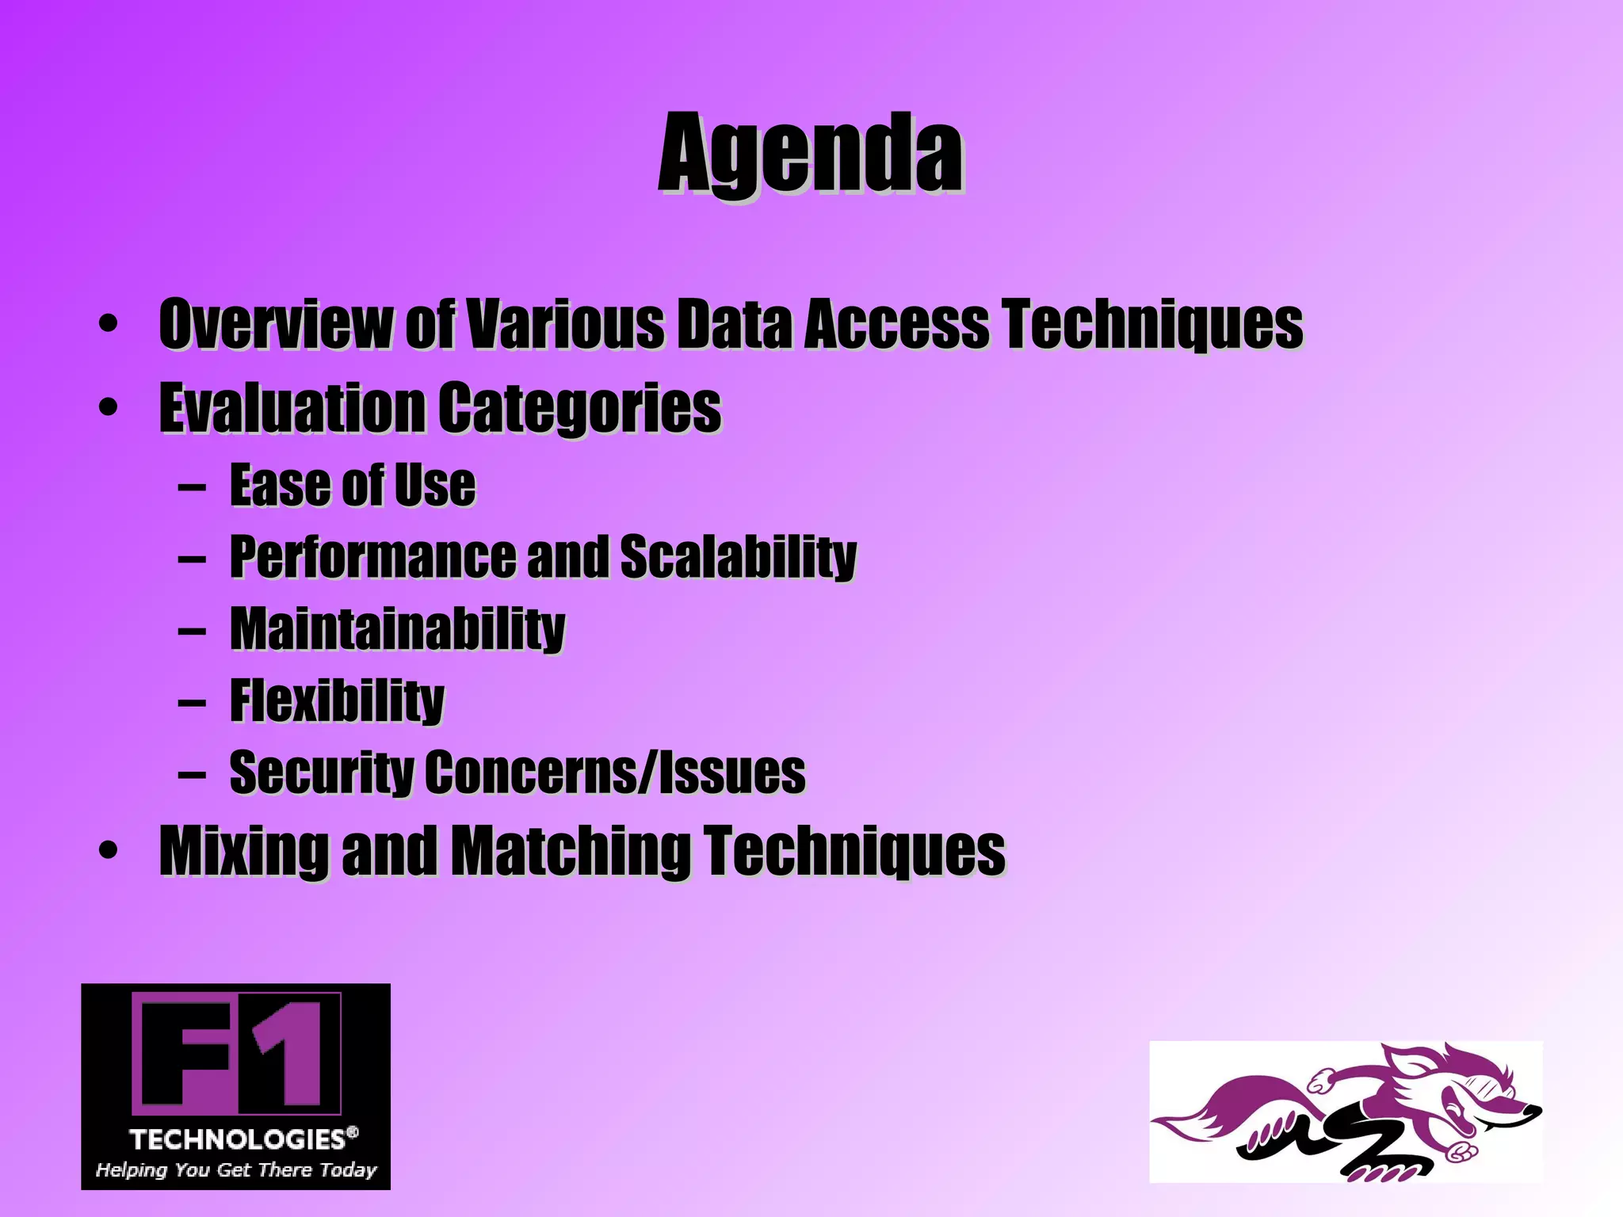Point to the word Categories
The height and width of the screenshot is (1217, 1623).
(x=579, y=408)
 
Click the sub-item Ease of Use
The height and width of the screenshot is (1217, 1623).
(x=353, y=485)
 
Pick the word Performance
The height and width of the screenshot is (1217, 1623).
(x=372, y=556)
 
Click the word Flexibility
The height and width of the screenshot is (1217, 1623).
(x=337, y=700)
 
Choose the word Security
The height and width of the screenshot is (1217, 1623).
(x=320, y=772)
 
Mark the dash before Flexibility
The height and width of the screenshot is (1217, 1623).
(x=192, y=701)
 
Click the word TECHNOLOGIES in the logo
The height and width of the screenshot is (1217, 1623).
(x=238, y=1139)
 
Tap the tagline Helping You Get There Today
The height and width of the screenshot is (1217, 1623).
(x=236, y=1169)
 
